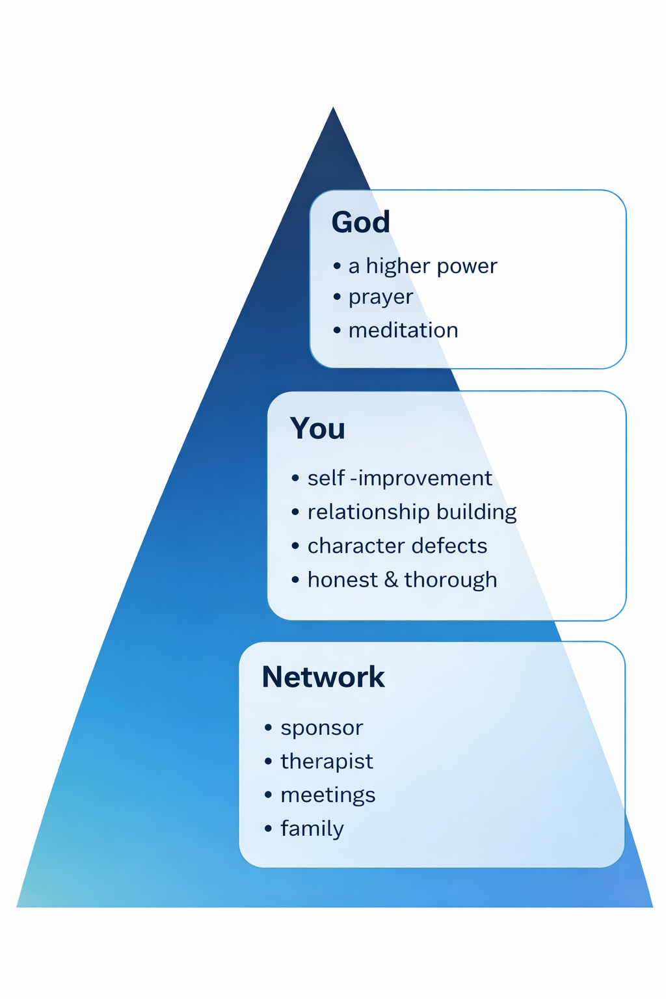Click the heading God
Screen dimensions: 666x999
point(360,222)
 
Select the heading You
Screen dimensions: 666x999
point(317,429)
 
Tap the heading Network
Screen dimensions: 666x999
point(323,677)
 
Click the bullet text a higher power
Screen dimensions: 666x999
point(423,266)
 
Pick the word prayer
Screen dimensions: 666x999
point(380,297)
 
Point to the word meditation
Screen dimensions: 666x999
point(403,330)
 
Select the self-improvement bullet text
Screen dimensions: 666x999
point(399,478)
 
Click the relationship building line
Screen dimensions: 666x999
point(412,512)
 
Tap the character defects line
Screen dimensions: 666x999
point(397,546)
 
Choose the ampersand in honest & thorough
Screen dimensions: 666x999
point(391,579)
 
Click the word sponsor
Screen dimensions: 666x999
point(321,728)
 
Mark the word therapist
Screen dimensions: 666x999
point(326,762)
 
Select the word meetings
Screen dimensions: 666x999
point(328,795)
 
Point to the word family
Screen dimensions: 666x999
point(312,829)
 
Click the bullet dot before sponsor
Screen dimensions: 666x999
point(268,728)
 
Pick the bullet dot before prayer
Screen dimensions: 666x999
point(337,297)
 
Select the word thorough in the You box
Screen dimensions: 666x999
point(451,579)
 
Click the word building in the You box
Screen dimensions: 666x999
point(477,512)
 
